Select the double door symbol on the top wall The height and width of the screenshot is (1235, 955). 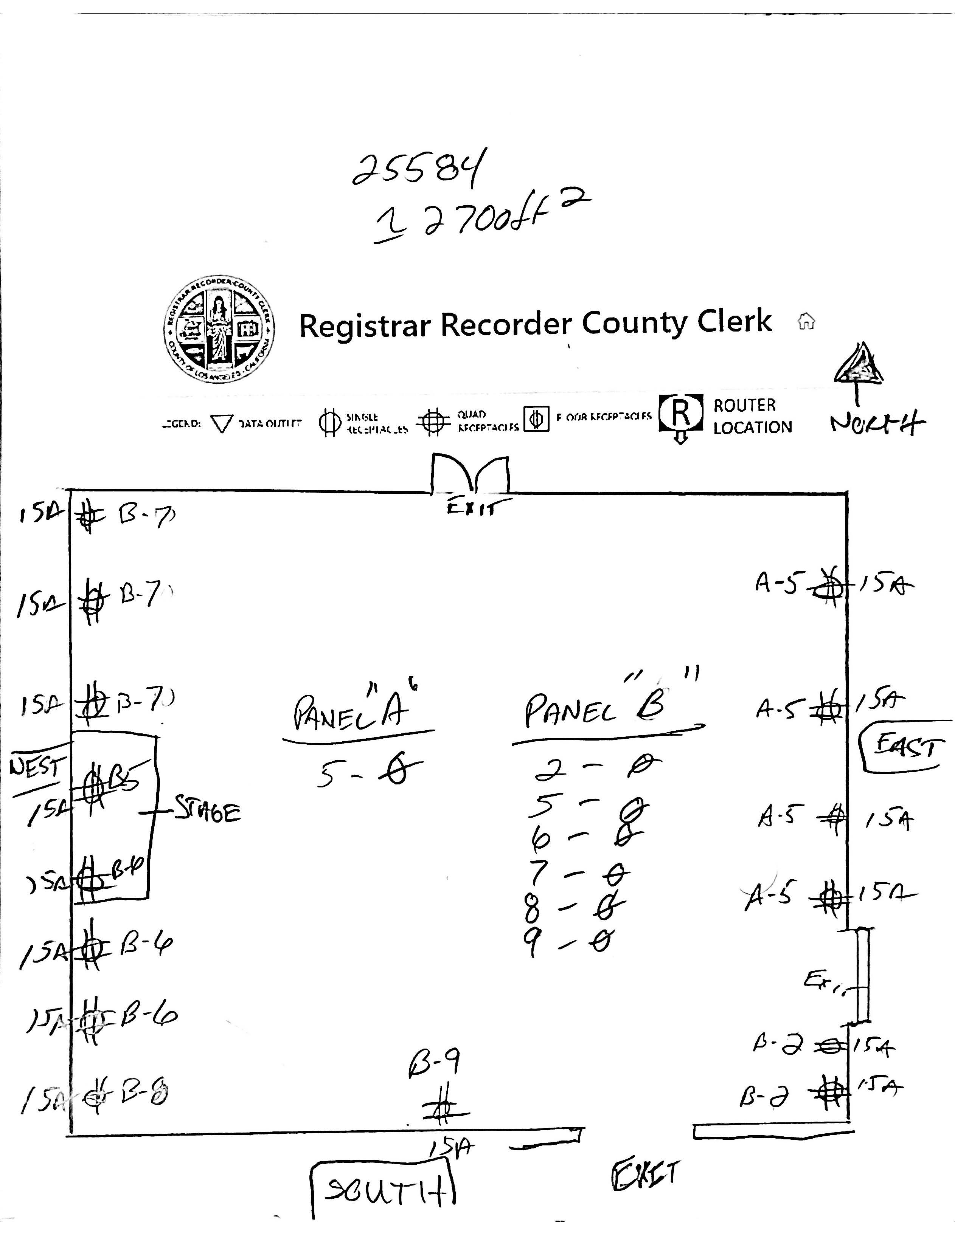point(470,474)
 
